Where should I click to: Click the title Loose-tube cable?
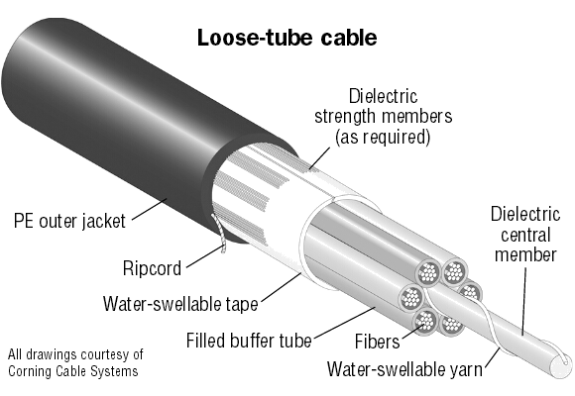click(x=287, y=38)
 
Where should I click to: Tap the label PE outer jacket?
click(x=69, y=221)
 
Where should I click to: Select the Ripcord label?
click(x=152, y=267)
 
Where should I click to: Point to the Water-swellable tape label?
click(x=180, y=304)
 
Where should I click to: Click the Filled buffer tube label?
click(x=249, y=341)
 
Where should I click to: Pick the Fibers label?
click(x=378, y=342)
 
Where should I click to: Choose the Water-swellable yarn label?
click(x=404, y=368)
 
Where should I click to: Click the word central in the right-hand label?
click(x=525, y=235)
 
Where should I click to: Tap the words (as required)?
click(x=383, y=137)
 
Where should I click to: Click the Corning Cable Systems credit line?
click(x=73, y=371)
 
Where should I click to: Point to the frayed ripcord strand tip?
click(x=223, y=250)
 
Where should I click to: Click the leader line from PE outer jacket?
click(x=150, y=210)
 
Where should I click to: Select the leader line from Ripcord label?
click(x=204, y=257)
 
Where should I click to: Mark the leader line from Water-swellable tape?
click(x=281, y=288)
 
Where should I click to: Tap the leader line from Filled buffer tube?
click(x=345, y=323)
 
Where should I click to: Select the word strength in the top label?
click(x=346, y=117)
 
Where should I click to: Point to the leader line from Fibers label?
click(x=413, y=332)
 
